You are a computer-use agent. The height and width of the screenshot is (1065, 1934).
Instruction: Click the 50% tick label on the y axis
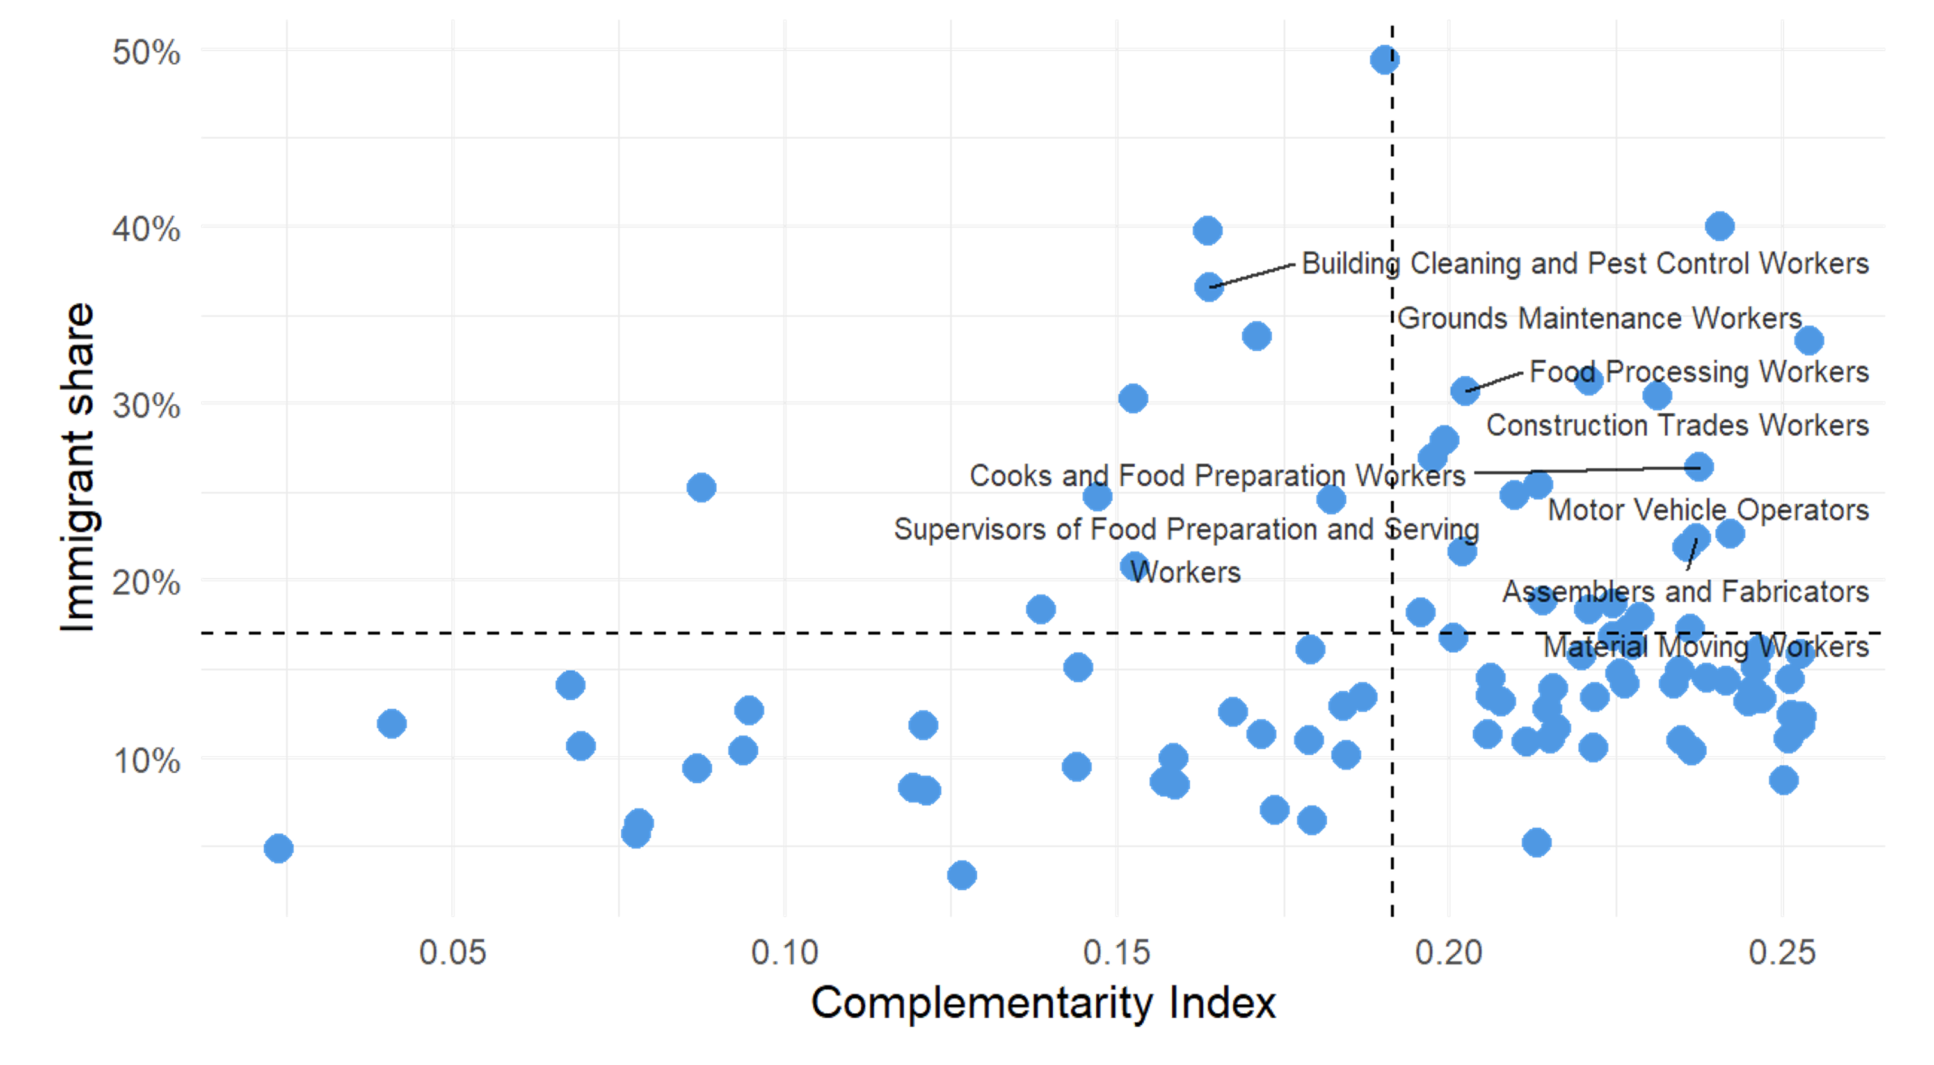(147, 52)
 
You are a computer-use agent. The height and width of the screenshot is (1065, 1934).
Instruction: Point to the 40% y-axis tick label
(147, 228)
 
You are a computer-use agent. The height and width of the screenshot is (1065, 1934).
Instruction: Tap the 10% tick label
(147, 761)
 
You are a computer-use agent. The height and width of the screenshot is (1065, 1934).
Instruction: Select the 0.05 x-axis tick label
(452, 952)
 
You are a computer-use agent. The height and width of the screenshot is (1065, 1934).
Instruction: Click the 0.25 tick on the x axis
(1782, 952)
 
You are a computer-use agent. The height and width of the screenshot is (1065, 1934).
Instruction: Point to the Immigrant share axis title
(77, 467)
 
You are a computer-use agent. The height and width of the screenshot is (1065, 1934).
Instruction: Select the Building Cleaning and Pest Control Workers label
(1585, 264)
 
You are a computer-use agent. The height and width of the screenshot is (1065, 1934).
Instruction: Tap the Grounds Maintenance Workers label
(1599, 319)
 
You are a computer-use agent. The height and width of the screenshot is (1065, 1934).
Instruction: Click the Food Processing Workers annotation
(1699, 372)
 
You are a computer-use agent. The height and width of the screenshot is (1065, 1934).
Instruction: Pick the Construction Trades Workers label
(1677, 425)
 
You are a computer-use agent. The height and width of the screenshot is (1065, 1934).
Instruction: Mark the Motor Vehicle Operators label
(1708, 510)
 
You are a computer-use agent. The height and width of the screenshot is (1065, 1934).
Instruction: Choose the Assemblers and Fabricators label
(1686, 592)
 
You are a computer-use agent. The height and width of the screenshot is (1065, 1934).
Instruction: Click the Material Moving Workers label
(1706, 646)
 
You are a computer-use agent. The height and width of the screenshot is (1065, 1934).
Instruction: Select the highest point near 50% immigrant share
(1384, 60)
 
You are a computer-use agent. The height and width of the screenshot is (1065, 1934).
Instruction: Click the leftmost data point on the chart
(278, 849)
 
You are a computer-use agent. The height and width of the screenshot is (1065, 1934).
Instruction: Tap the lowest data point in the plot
(962, 875)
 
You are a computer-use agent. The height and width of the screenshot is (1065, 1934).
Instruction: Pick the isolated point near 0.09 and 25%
(701, 488)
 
